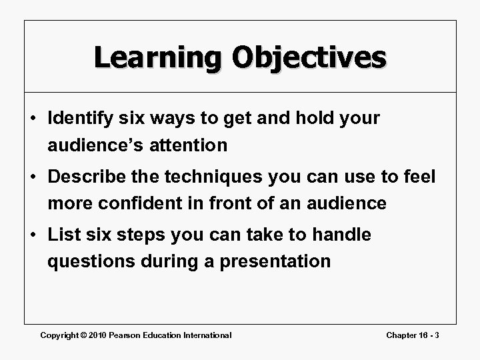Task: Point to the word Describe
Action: coord(87,177)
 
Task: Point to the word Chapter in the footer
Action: coord(403,335)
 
